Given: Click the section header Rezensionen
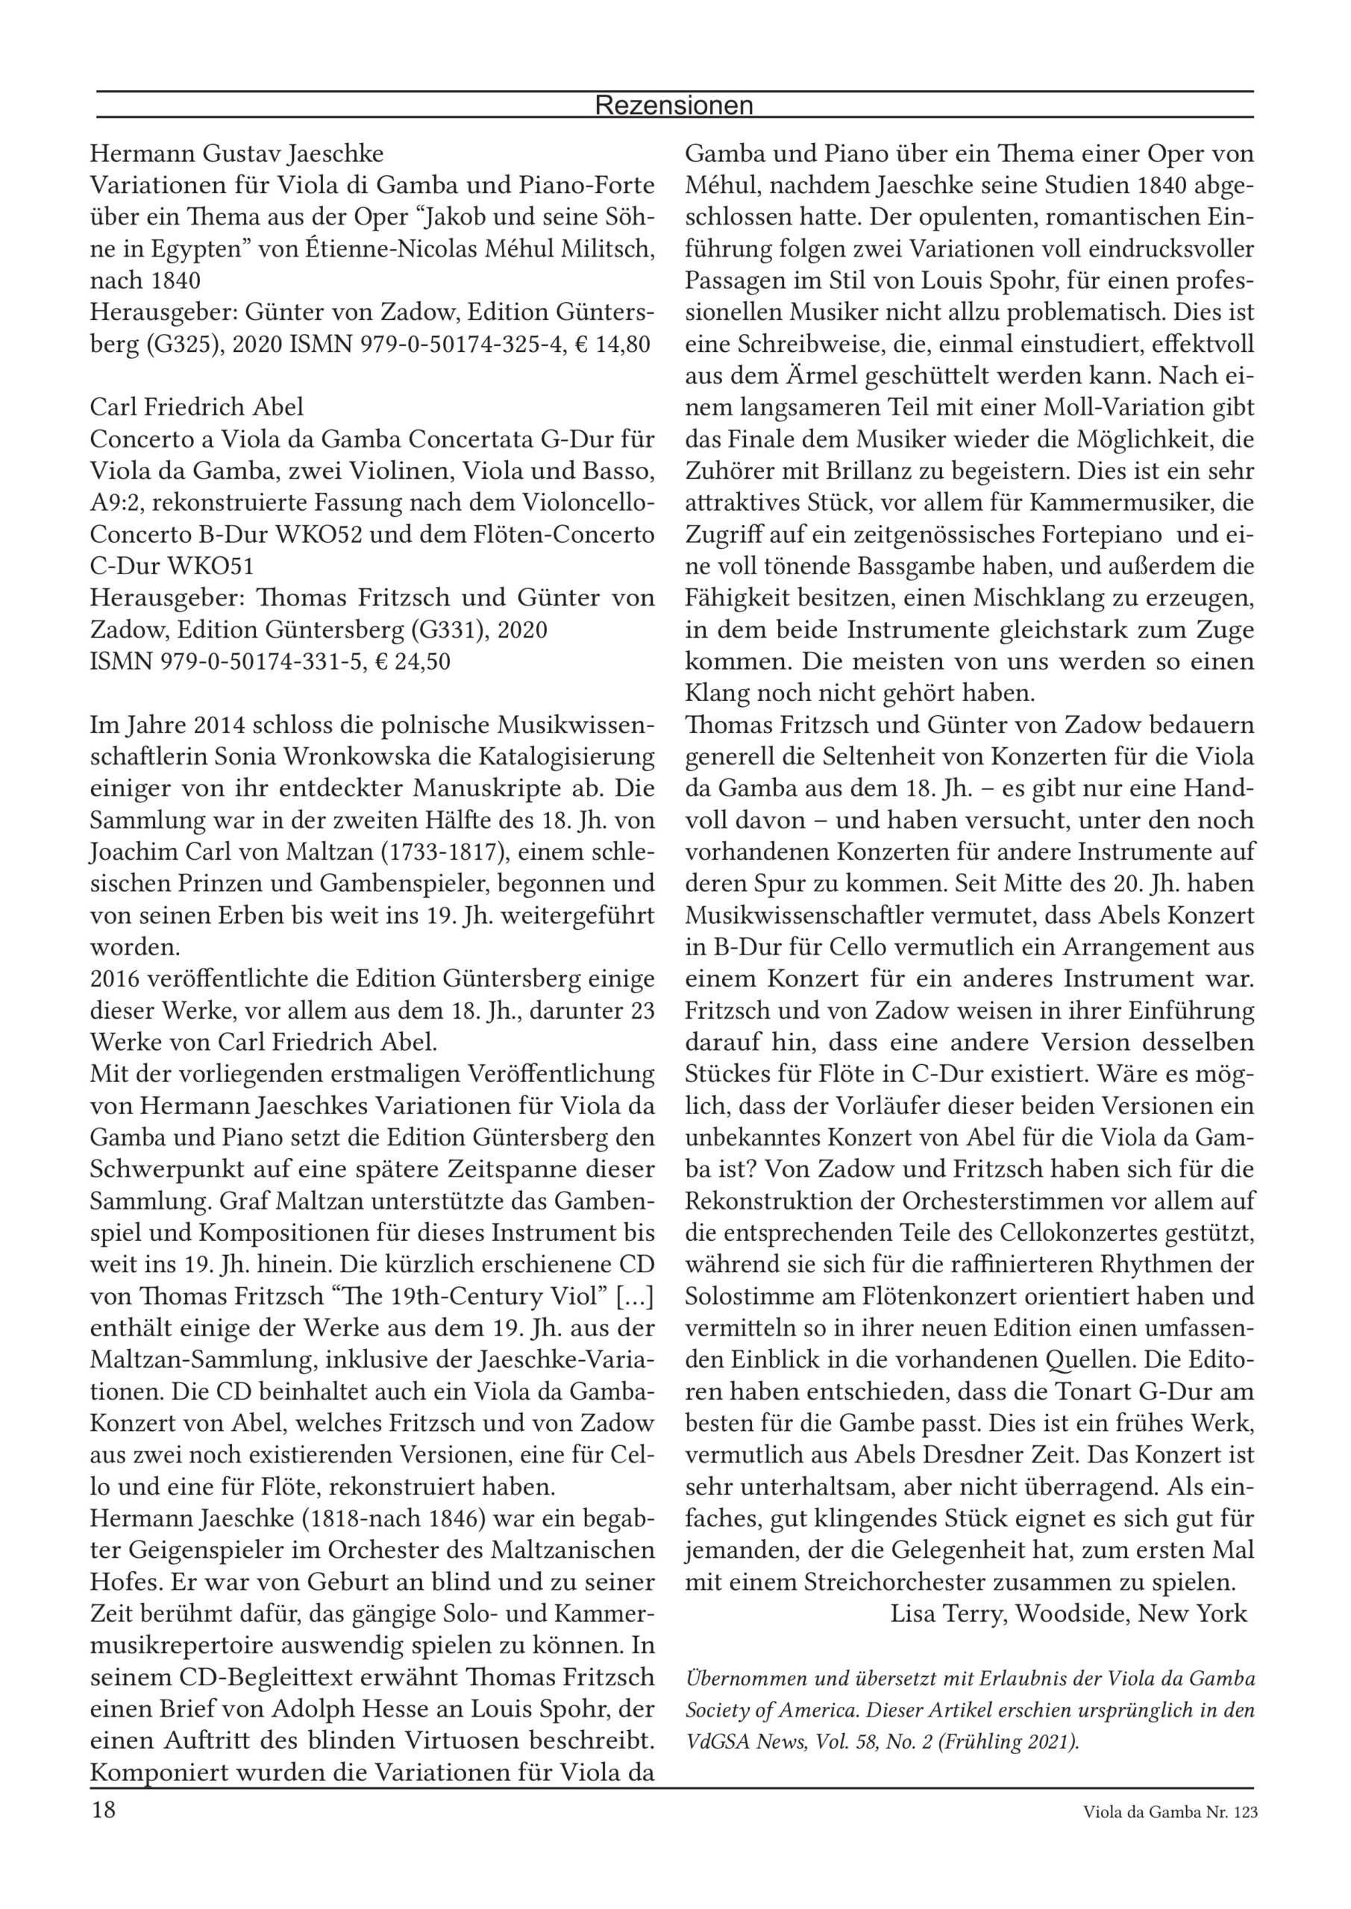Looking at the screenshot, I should [674, 106].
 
